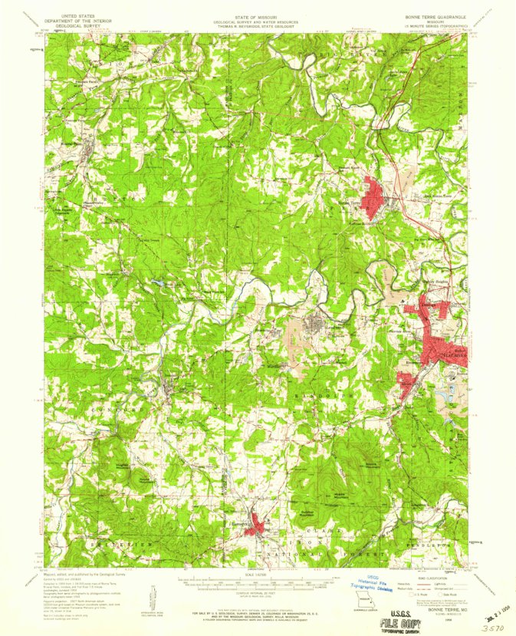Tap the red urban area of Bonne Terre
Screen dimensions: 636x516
click(374, 190)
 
